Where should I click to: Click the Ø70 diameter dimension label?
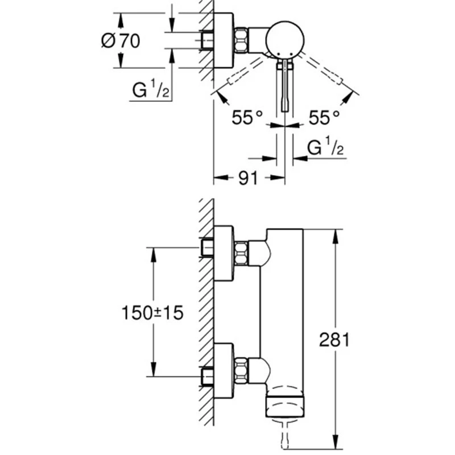[121, 41]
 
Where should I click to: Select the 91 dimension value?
[248, 178]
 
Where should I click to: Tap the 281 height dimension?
[334, 340]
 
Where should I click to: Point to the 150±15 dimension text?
[152, 313]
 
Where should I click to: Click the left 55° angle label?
[247, 117]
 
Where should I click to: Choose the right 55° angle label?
[324, 117]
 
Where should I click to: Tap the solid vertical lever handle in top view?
[286, 85]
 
